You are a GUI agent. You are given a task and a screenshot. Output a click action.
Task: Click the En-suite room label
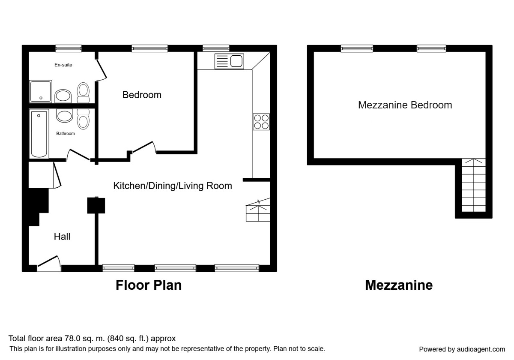coord(63,65)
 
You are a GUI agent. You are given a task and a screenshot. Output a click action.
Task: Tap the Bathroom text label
coord(66,133)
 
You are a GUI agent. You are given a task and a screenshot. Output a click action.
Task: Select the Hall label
coord(62,237)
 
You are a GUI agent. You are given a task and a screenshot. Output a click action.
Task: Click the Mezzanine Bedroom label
coord(405,105)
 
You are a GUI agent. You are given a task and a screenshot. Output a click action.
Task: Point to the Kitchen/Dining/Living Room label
coord(173,186)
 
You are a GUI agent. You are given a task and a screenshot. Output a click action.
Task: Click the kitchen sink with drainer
coord(229,61)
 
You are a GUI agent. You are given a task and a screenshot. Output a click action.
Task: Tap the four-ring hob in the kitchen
coord(261,122)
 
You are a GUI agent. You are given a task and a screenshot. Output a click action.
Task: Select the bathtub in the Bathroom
coord(39,134)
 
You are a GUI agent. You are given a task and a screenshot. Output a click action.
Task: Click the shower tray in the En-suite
coord(41,91)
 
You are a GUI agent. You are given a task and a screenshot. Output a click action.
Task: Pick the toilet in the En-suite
coord(83,93)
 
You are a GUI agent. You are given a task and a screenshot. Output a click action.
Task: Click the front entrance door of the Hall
coord(49,263)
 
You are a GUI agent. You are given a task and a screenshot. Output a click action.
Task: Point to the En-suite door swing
coord(101,70)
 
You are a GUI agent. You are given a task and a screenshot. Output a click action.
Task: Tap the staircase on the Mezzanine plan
coord(474,185)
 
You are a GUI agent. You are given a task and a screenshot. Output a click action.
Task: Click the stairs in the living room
coord(258,210)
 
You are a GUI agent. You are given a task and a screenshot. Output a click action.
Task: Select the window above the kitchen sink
coord(216,48)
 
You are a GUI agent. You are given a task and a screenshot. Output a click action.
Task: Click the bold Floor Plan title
coord(149,285)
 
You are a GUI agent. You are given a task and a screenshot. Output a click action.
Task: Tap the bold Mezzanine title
coord(399,285)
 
